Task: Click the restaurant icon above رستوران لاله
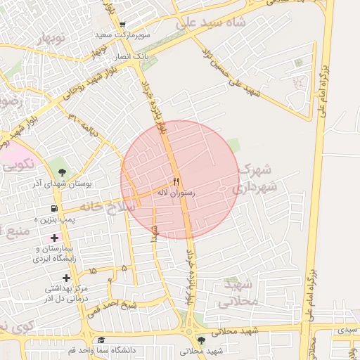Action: tap(176, 181)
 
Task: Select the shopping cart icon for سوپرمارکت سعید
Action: tap(122, 24)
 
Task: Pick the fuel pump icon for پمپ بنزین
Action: tap(54, 209)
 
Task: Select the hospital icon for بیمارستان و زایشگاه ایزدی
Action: tap(54, 238)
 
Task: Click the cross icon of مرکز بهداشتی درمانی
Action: tap(67, 278)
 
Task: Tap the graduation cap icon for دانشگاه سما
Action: tap(101, 340)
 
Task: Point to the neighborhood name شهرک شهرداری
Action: tap(255, 179)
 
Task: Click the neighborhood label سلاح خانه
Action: tap(106, 206)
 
